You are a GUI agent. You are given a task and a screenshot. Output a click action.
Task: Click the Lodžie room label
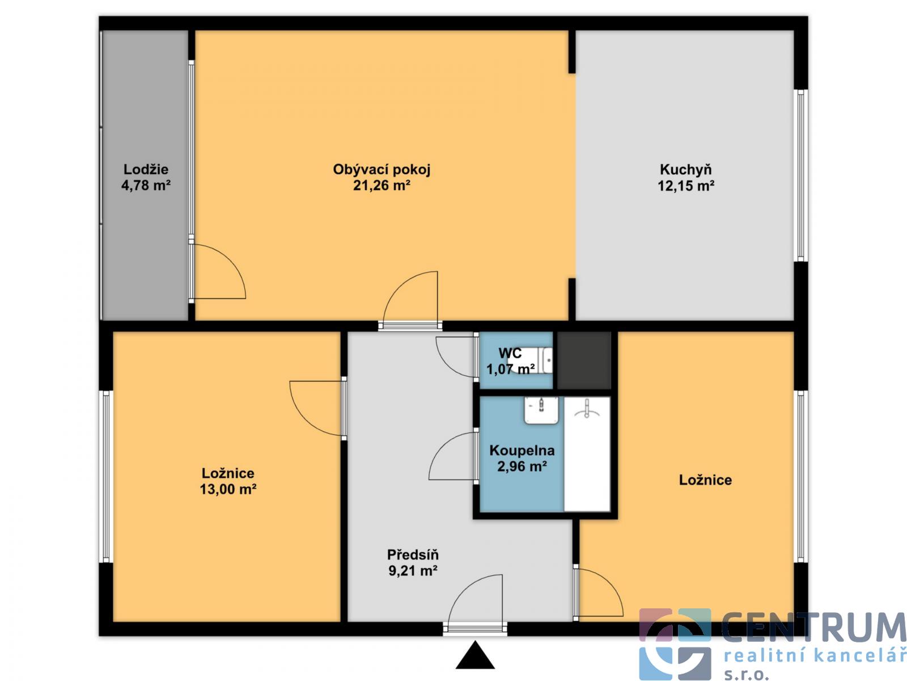pos(146,170)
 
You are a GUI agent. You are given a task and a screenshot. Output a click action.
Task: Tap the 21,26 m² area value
pos(382,186)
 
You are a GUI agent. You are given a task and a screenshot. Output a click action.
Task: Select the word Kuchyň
pos(685,170)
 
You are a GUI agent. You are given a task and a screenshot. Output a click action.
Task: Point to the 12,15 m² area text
pos(686,186)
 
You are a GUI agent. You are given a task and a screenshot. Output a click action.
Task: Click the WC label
pos(510,353)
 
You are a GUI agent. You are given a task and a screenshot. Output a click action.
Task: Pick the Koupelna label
pos(522,450)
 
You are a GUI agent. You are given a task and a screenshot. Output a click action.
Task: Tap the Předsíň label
pos(413,554)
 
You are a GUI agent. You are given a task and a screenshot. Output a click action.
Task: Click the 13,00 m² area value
pos(228,490)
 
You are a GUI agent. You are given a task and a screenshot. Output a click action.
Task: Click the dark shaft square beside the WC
pos(584,360)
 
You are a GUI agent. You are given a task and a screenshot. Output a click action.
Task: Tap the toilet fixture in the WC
pos(531,360)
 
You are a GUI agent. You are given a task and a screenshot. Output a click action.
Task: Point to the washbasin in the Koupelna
pos(541,410)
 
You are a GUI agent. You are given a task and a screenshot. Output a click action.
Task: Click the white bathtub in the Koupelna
pos(587,453)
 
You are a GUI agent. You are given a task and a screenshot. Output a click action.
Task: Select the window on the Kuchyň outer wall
pos(800,175)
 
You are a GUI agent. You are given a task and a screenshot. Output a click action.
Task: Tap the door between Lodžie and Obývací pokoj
pos(217,271)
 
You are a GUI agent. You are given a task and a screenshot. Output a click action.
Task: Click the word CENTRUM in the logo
pos(813,628)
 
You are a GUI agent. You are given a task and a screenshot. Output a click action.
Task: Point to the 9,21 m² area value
pos(413,571)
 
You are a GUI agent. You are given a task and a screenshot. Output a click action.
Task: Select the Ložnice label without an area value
pos(705,480)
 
